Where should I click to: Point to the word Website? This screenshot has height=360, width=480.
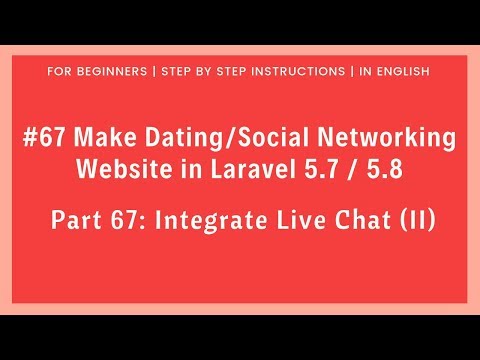click(x=123, y=167)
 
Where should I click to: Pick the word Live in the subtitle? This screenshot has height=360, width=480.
click(x=300, y=219)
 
